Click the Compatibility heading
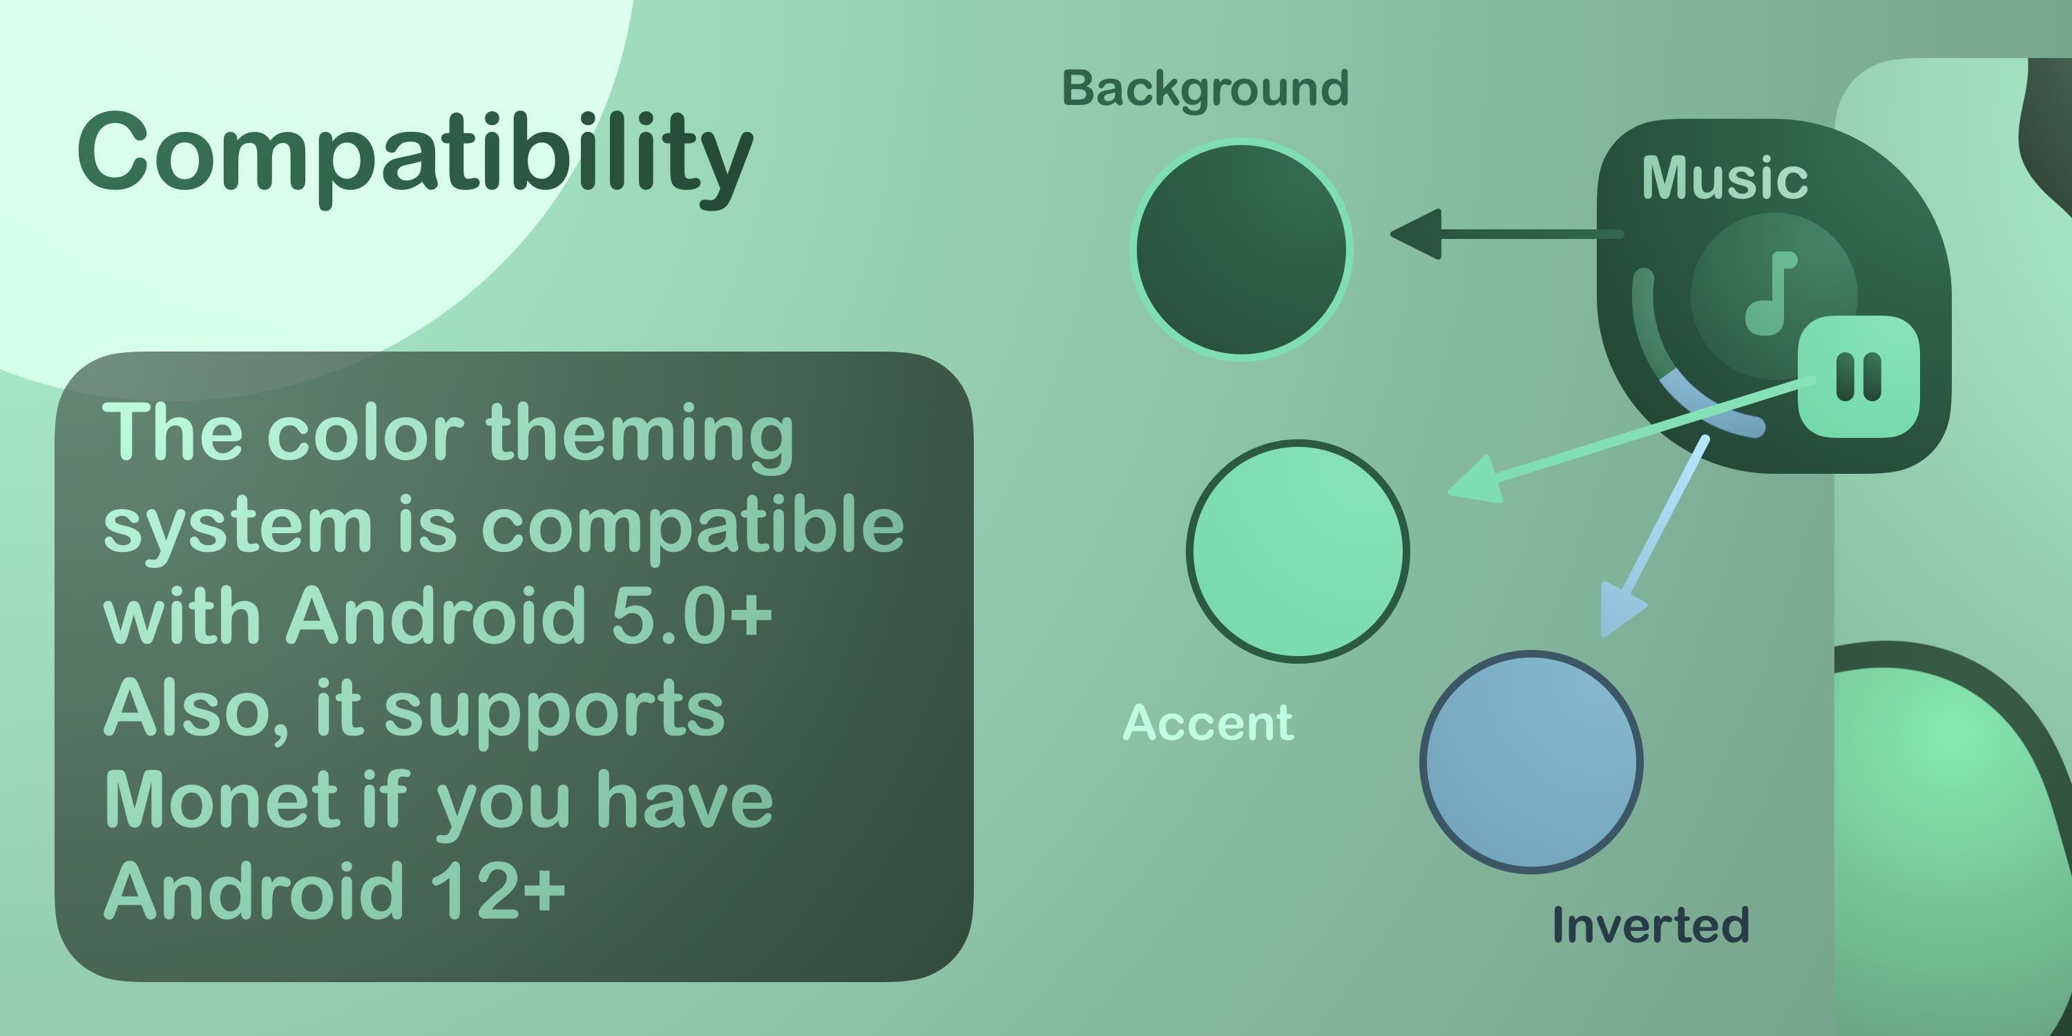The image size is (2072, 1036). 415,157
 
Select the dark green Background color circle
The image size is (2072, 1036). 1241,249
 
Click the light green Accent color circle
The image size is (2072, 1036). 1297,551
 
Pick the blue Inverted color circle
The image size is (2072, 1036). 1531,762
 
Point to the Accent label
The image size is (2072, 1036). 1208,722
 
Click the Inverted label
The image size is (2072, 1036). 1651,924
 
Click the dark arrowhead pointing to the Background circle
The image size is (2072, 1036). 1416,234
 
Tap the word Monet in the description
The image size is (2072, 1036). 222,800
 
